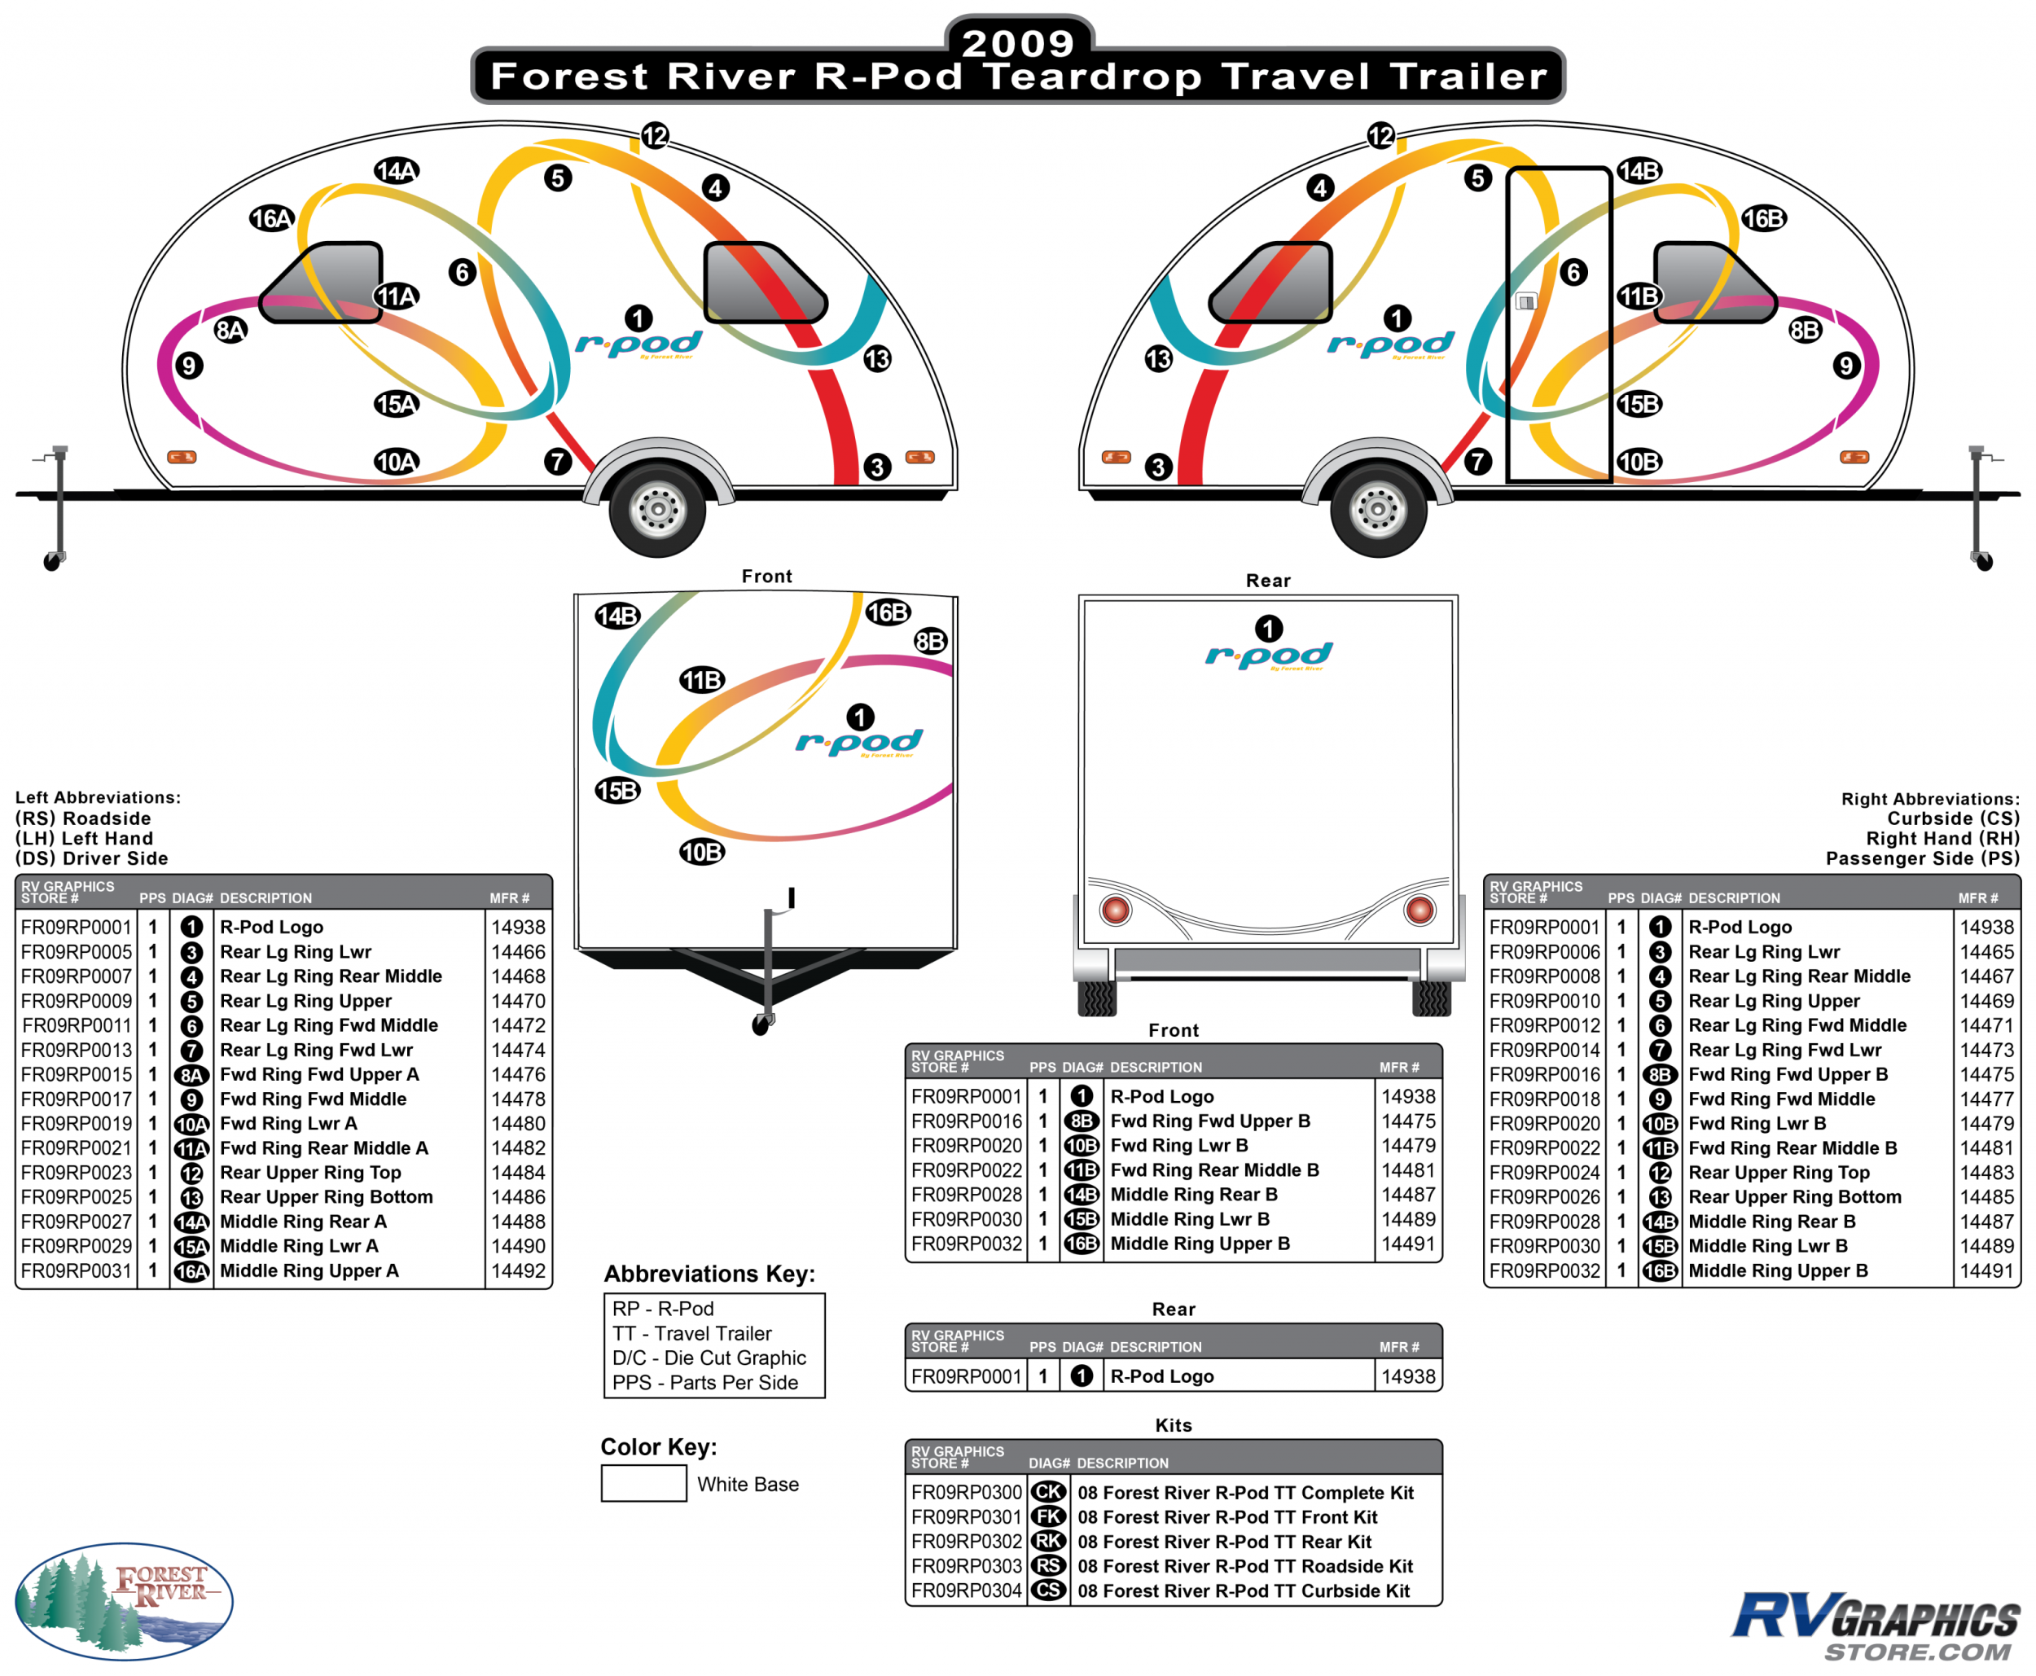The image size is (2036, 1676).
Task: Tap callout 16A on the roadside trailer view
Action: [271, 219]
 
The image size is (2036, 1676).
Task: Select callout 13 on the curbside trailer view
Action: [1157, 359]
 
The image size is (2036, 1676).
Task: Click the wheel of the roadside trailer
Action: [657, 509]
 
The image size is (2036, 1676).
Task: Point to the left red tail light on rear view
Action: [1115, 910]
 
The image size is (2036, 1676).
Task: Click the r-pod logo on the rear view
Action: [1269, 656]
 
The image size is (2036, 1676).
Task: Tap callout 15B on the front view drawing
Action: [617, 791]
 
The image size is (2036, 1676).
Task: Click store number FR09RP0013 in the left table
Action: [77, 1050]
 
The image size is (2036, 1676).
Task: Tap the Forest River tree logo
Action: [124, 1601]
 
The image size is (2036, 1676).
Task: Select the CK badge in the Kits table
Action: [1048, 1492]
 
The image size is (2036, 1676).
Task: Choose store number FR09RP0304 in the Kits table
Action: [967, 1590]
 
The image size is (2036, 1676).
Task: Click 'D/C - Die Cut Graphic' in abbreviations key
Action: [709, 1358]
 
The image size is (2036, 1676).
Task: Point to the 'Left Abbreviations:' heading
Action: [98, 797]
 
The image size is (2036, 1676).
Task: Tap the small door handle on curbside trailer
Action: [1525, 301]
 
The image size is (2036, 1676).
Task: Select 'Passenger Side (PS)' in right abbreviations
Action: [1922, 858]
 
